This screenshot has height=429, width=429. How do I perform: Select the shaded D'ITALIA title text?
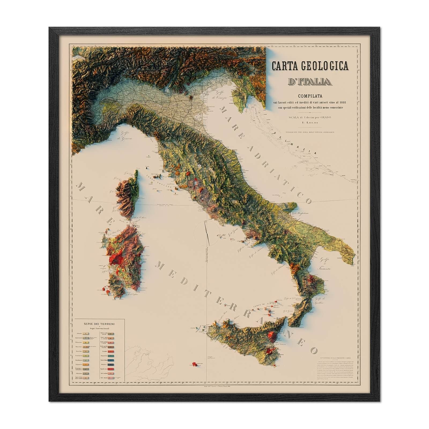click(309, 81)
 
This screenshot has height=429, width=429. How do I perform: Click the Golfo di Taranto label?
click(326, 264)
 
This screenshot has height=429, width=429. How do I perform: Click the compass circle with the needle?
click(206, 234)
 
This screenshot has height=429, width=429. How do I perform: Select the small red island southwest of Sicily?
click(193, 364)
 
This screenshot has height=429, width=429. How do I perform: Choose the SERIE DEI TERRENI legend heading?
click(99, 324)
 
